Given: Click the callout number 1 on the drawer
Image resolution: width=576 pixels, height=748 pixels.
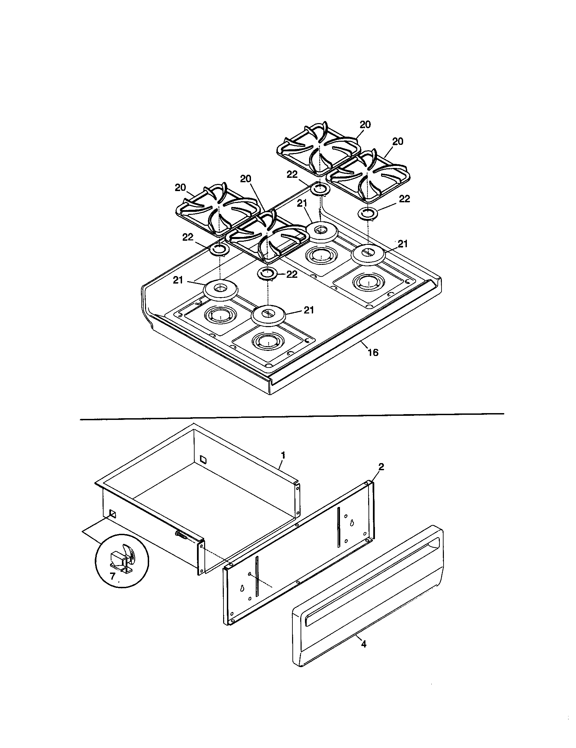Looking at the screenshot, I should [283, 455].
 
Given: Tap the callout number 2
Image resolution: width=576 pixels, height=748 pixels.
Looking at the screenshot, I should [381, 466].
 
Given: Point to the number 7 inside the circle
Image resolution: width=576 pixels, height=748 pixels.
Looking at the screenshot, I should [112, 576].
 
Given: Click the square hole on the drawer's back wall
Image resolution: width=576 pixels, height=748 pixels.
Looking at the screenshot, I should [203, 459].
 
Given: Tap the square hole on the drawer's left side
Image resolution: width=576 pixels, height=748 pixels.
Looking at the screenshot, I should [112, 514].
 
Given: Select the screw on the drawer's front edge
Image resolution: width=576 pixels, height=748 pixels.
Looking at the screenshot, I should [182, 535].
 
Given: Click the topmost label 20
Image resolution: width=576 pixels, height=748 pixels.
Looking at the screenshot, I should [365, 125].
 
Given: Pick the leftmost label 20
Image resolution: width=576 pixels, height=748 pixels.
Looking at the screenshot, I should [181, 188].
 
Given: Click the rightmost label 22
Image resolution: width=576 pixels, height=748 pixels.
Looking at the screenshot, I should [404, 199].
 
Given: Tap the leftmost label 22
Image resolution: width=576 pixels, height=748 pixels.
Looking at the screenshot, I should [188, 237].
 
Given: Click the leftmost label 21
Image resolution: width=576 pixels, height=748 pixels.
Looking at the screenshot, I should [178, 280].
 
